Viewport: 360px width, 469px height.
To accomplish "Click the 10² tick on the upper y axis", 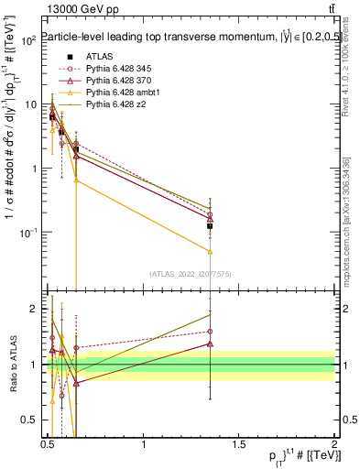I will (28, 41).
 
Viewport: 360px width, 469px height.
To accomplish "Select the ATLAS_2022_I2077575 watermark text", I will (190, 273).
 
